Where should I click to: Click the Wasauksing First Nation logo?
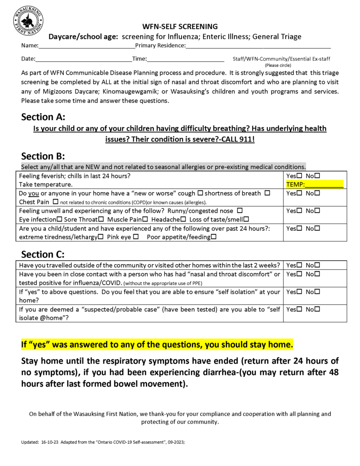pos(28,21)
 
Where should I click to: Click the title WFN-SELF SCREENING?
pos(180,26)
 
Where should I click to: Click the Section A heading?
pos(43,117)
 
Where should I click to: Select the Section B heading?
pos(43,156)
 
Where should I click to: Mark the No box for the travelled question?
pos(317,265)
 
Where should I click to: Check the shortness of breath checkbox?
pos(267,193)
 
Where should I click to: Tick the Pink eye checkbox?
pos(136,237)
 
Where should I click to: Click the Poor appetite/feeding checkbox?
pos(213,237)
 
